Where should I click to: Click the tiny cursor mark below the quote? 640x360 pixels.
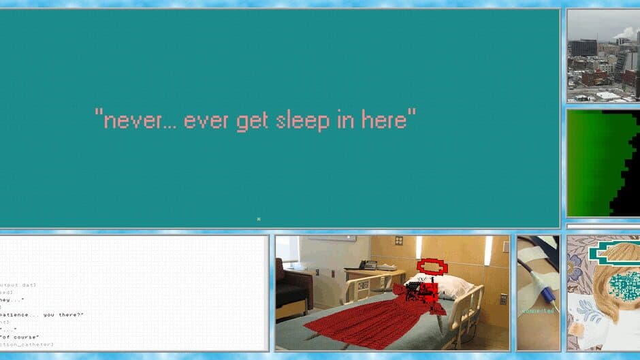[259, 218]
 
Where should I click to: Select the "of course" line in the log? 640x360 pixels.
[20, 337]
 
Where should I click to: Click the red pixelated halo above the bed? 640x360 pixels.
[432, 266]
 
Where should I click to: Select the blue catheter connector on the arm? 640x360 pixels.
[545, 293]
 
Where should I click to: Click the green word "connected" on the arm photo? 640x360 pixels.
[538, 311]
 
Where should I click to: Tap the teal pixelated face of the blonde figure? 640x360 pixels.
[622, 286]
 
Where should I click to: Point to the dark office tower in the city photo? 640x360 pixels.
[583, 47]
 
